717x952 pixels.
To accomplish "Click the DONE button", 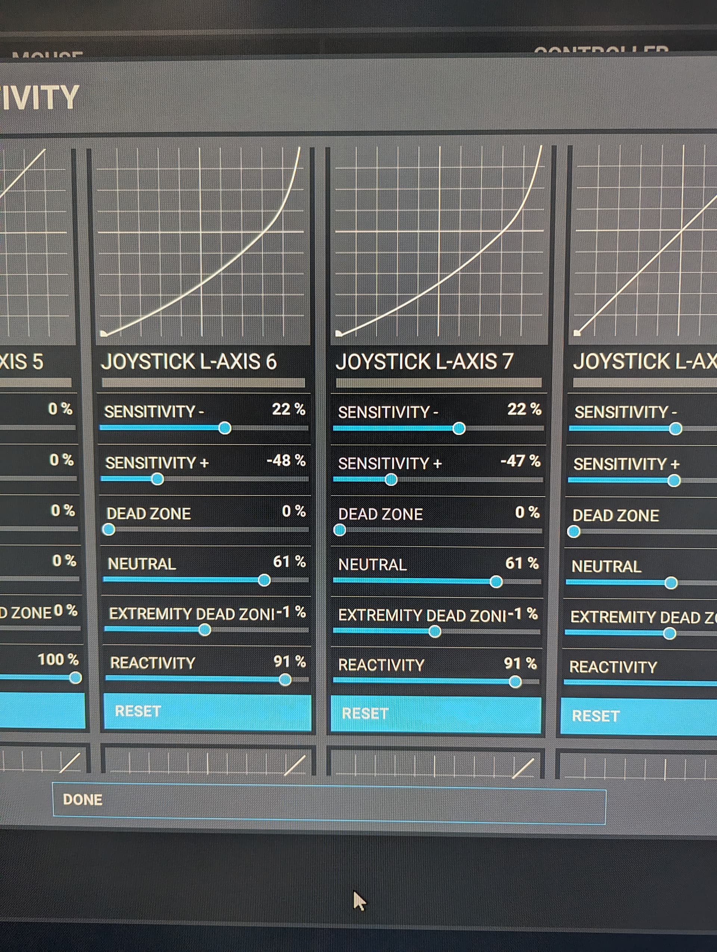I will click(83, 800).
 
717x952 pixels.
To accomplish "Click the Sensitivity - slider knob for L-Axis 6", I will click(225, 428).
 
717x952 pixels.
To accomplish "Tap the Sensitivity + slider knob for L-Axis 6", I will click(158, 479).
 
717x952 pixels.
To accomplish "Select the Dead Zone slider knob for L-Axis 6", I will click(108, 529).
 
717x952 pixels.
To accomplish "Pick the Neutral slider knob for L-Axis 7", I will click(496, 582).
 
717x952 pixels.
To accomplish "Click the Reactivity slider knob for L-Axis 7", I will click(515, 681).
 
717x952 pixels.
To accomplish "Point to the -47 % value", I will click(520, 461).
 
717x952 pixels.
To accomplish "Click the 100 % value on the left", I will click(58, 659).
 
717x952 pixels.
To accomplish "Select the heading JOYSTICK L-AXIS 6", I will click(189, 361).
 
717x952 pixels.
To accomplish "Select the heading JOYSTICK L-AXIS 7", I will click(424, 361).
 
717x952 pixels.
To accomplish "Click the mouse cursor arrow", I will click(358, 900).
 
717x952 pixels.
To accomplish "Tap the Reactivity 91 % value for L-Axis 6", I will click(289, 662).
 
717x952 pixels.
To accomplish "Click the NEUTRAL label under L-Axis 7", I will click(372, 564).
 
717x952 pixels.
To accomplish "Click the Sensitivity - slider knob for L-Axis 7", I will click(459, 428).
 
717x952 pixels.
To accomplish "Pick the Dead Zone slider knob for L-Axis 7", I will click(339, 530).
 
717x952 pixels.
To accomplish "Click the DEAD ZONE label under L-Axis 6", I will click(149, 514).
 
